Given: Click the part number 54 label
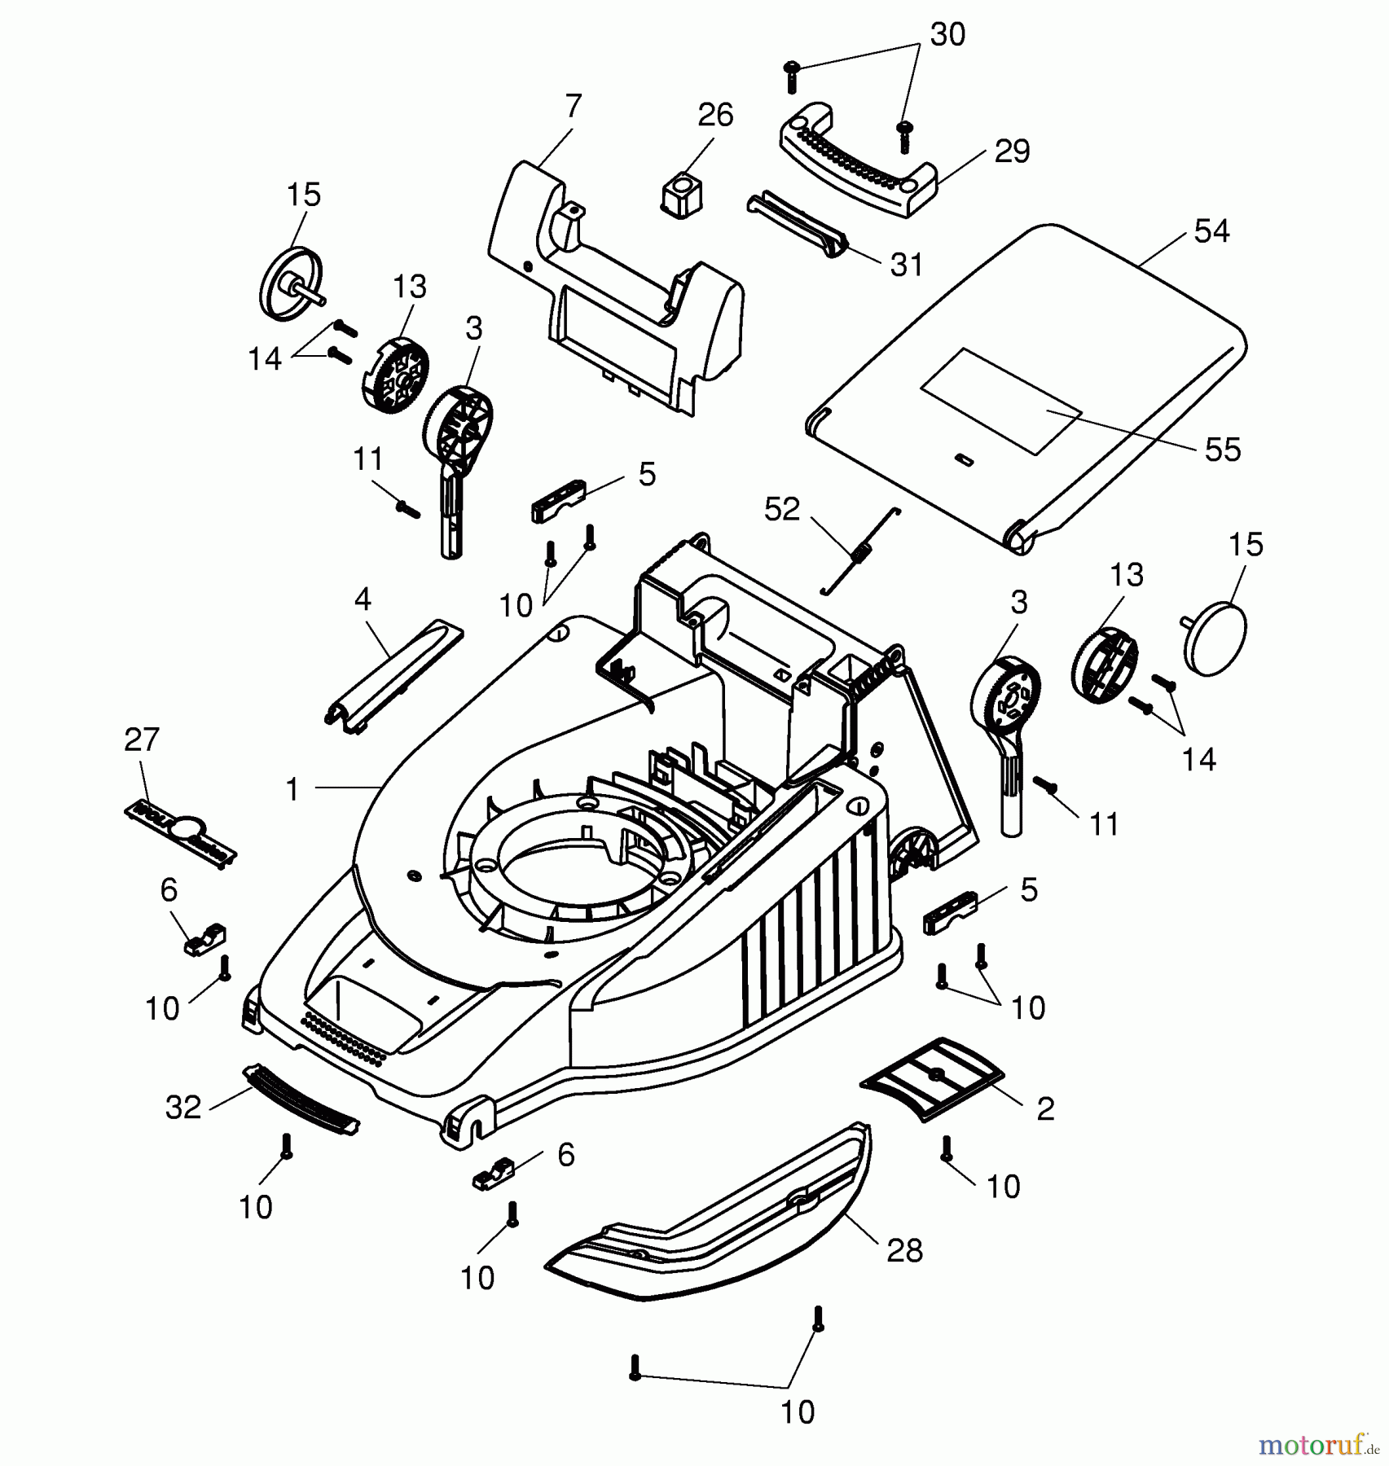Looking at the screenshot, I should [x=1211, y=231].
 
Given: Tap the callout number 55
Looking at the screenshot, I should [x=1222, y=450].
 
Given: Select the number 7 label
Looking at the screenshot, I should [x=573, y=107].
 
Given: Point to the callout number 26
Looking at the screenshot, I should [x=715, y=116].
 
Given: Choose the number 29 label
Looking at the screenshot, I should [x=1012, y=151].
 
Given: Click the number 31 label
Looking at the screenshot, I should [x=906, y=265].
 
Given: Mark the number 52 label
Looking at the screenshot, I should [x=782, y=510].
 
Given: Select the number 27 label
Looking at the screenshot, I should [x=142, y=740].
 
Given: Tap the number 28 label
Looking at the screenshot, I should [x=904, y=1250].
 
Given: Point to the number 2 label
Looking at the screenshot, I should [x=1044, y=1108].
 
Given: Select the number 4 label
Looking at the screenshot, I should [x=363, y=600].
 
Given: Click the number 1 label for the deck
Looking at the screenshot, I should [x=292, y=788].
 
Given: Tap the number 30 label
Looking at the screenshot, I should [x=947, y=35].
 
